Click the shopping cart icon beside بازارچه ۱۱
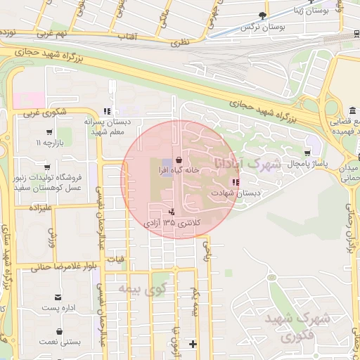tap(49, 131)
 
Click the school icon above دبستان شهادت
tap(234, 182)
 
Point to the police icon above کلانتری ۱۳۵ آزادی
tap(172, 212)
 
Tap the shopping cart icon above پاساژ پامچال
tap(307, 153)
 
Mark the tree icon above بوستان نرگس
tap(263, 15)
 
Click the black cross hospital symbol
tap(193, 344)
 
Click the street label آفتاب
tap(124, 35)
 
